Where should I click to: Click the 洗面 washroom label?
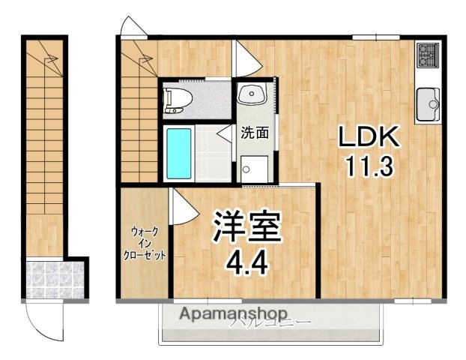point(253,133)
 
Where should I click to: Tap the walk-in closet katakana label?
point(145,242)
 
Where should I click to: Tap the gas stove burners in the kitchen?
point(428,54)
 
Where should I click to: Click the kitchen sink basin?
point(429,102)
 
